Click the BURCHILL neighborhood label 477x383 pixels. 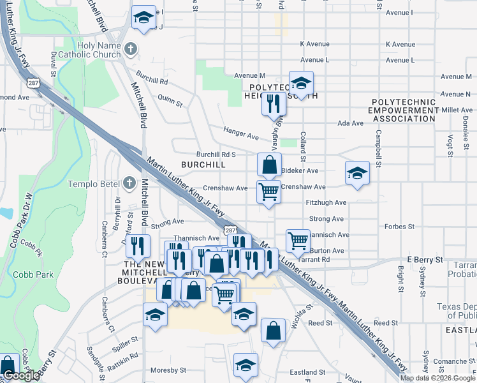click(203, 165)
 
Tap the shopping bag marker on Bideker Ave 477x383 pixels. click(270, 165)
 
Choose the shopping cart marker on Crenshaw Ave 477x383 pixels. click(269, 191)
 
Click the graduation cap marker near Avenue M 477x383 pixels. click(301, 83)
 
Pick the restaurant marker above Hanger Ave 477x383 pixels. click(274, 103)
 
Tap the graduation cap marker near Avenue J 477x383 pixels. click(143, 17)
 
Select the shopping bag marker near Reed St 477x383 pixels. click(273, 331)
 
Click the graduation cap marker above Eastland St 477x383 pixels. click(246, 364)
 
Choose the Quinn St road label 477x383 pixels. click(170, 101)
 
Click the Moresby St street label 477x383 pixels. click(168, 370)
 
